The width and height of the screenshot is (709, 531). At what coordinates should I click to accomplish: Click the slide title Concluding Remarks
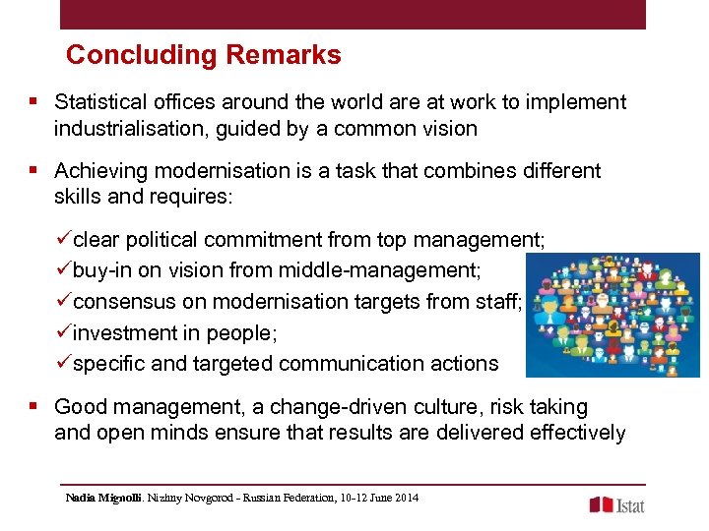(203, 55)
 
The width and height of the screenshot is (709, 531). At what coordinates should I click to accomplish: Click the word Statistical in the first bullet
(99, 102)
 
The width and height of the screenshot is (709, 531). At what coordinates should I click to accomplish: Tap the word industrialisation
(124, 128)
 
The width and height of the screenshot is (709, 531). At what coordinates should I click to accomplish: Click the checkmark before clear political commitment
(66, 239)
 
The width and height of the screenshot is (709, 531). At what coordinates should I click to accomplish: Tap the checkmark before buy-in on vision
(66, 270)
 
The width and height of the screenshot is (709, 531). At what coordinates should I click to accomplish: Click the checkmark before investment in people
(66, 332)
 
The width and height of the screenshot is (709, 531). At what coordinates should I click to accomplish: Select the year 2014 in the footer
(405, 499)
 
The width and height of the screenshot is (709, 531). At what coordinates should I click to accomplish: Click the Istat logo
(617, 504)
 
